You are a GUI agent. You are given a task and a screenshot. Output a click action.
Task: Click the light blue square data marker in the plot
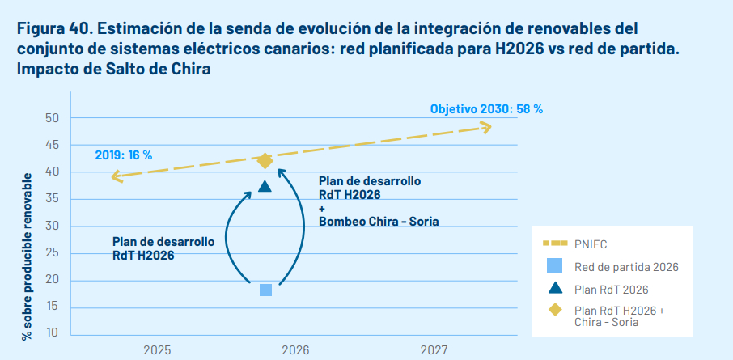point(265,290)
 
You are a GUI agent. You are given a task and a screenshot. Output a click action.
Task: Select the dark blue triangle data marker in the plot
point(265,186)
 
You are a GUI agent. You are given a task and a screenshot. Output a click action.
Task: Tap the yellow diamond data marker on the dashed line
point(265,160)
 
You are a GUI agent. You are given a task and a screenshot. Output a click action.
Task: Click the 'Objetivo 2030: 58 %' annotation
point(486,108)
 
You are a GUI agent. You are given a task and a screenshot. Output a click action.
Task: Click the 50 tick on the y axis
point(53,118)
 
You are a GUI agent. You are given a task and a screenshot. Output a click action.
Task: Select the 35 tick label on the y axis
point(53,199)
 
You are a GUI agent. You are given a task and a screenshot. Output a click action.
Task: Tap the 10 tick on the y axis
point(53,333)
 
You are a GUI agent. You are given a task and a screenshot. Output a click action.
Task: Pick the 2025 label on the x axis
point(157,349)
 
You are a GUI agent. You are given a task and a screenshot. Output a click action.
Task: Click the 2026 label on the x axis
point(295,349)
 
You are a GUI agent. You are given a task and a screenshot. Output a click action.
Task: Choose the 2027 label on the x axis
point(434,349)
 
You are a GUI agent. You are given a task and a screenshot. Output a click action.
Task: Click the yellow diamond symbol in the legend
point(554,309)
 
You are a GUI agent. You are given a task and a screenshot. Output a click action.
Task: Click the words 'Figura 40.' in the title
point(53,29)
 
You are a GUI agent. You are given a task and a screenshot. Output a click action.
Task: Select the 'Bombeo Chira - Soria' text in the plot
point(379,221)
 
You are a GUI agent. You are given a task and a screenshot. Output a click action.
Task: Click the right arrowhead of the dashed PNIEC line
point(485,126)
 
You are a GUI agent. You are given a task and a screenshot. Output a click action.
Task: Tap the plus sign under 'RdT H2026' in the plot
point(322,208)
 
